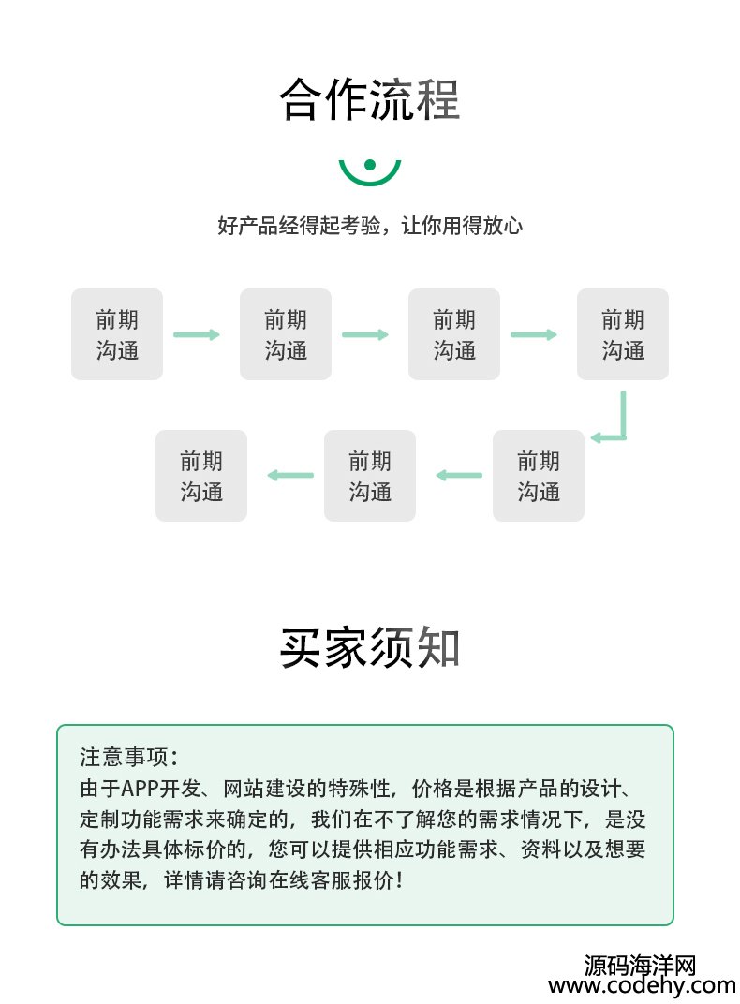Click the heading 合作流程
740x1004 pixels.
369,99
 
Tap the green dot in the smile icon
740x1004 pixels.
369,165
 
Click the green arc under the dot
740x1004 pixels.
369,178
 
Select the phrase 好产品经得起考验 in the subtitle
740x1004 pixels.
299,226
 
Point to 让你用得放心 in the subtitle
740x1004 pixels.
462,226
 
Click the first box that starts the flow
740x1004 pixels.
117,334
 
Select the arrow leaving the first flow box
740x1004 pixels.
197,334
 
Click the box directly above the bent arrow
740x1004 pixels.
623,334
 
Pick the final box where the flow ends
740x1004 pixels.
201,475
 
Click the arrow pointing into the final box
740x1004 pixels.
290,475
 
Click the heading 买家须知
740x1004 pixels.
369,648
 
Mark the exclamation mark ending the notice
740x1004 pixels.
399,880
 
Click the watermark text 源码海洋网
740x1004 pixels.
640,965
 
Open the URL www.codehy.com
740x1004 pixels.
642,985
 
